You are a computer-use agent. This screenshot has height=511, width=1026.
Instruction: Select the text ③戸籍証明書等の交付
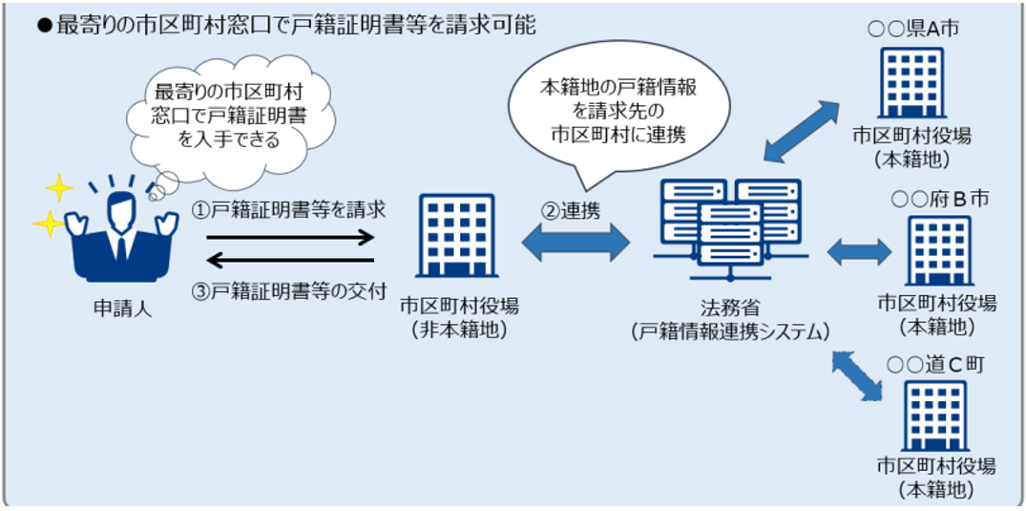tap(290, 290)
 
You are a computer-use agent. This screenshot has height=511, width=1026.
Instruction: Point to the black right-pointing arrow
tap(290, 237)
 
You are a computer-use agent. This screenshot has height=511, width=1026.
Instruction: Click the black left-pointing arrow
tap(290, 261)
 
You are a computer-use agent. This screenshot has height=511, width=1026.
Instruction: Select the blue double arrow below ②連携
tap(575, 245)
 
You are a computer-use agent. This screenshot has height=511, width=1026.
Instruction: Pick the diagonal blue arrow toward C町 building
tap(857, 375)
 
